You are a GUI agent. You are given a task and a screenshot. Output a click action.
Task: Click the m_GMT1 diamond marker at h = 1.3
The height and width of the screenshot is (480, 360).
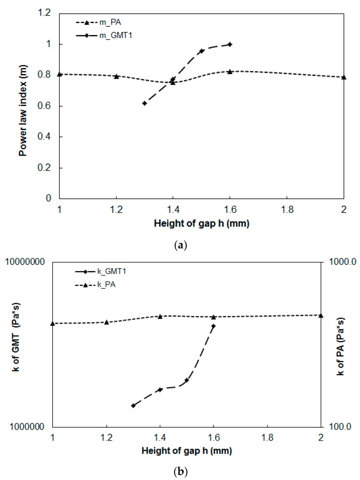click(144, 103)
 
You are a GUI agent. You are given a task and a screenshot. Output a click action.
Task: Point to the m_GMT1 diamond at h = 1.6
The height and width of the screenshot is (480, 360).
click(230, 44)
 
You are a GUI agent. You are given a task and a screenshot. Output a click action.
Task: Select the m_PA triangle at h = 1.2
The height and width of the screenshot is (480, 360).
click(116, 76)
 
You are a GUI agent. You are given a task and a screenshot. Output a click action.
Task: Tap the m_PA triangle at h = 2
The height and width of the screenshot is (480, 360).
click(344, 77)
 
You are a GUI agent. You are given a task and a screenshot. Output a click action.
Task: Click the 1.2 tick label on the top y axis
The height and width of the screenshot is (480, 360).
click(45, 13)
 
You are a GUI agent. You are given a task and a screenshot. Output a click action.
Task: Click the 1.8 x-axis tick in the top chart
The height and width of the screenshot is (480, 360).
click(287, 209)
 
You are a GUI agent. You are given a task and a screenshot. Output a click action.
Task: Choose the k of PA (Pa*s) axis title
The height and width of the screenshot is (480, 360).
click(341, 345)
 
